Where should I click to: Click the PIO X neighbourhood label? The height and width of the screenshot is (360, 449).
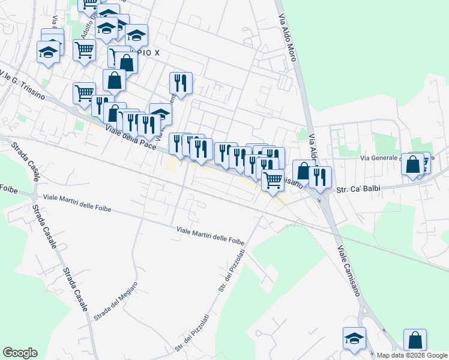click(149, 53)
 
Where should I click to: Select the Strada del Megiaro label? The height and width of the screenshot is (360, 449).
click(116, 300)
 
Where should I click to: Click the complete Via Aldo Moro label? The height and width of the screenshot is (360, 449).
click(288, 36)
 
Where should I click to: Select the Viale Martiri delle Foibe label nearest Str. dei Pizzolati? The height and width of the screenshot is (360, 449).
click(210, 234)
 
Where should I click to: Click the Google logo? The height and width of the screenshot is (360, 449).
click(20, 353)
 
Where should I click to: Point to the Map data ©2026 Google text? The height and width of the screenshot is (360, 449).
click(412, 355)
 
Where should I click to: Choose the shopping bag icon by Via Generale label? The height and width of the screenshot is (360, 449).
click(413, 165)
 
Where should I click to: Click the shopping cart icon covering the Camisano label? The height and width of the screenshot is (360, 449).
click(273, 180)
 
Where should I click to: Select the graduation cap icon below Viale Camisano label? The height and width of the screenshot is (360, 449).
click(354, 339)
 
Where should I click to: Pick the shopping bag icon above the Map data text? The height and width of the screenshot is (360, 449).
click(415, 340)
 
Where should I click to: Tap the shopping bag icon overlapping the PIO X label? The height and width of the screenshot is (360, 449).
click(127, 61)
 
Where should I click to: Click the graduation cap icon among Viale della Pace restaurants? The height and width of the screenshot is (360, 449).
click(161, 114)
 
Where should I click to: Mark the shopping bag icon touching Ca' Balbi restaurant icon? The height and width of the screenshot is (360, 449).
click(304, 171)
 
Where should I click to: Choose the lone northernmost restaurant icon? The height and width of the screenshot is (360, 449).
click(181, 83)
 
